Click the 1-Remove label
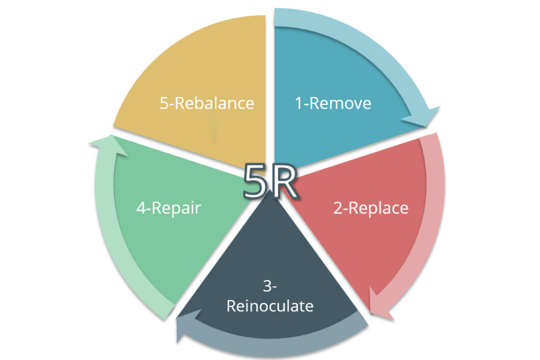333,104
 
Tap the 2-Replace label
371,208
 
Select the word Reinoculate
270,306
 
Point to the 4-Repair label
168,208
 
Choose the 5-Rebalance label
207,103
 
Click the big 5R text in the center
270,182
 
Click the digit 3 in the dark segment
267,286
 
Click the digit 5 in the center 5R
255,182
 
